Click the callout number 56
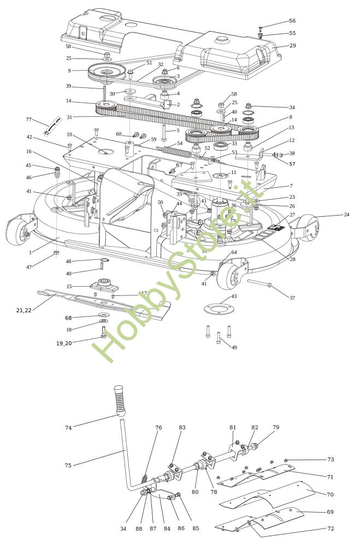click(x=292, y=21)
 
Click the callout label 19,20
click(x=64, y=343)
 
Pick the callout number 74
click(x=68, y=428)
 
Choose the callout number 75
click(x=68, y=465)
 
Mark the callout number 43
click(x=234, y=296)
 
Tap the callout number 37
click(x=292, y=298)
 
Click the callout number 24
click(x=346, y=215)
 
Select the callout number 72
click(x=330, y=529)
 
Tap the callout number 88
click(x=139, y=529)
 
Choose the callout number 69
click(x=330, y=512)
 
